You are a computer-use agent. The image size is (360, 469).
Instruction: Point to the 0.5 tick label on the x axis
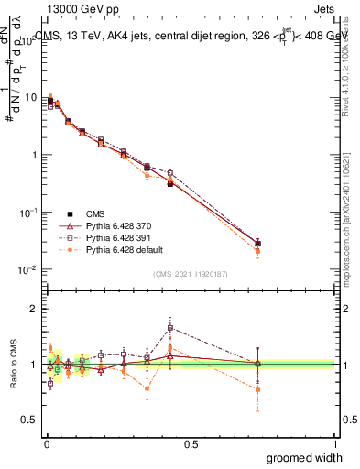191,443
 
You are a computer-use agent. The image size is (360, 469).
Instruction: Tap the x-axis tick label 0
46,443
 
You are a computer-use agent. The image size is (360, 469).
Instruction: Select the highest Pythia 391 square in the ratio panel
170,328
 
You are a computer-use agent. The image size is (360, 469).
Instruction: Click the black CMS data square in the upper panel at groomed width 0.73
257,244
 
